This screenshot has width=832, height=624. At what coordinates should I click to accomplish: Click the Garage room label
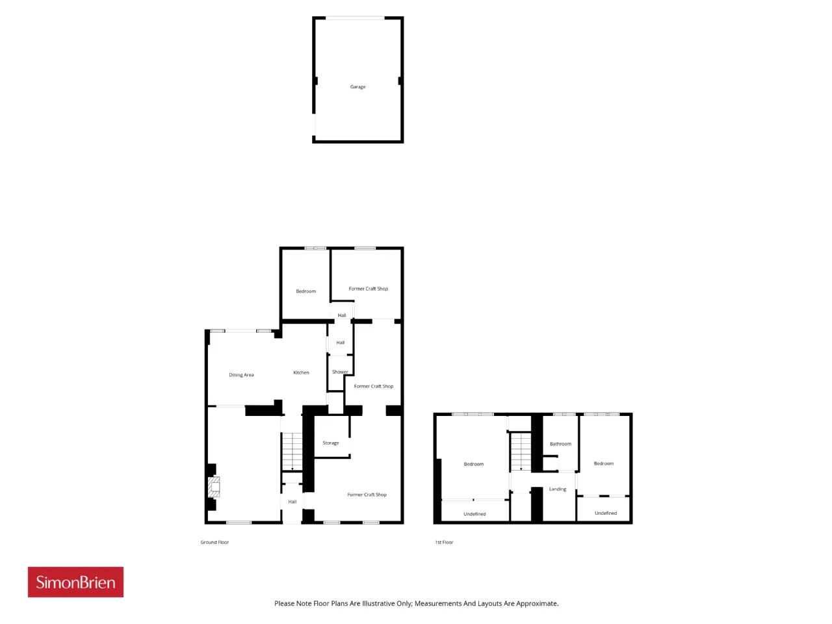pos(357,86)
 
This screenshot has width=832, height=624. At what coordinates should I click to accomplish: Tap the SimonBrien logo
pos(75,582)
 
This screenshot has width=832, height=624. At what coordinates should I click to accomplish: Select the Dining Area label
pos(241,375)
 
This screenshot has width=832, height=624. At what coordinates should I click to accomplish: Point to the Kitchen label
pos(301,372)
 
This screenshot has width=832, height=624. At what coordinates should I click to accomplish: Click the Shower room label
pos(339,372)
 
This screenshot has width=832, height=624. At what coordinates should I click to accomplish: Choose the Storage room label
pos(331,443)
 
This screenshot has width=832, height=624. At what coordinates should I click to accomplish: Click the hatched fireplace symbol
pos(214,487)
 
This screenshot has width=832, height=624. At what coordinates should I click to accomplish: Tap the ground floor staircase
pos(292,452)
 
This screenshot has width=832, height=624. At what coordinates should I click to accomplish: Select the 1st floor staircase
pos(521,452)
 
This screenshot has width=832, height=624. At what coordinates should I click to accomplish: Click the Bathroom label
pos(560,444)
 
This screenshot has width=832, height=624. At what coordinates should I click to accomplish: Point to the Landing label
pos(558,489)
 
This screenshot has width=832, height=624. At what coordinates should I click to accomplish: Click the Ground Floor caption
pos(214,542)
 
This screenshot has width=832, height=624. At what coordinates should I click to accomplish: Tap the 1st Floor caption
pos(444,542)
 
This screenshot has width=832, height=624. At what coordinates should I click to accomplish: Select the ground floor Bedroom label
pos(305,291)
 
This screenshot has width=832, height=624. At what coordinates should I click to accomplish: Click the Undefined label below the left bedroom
pos(474,513)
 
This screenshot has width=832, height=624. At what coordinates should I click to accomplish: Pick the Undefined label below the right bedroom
pos(605,513)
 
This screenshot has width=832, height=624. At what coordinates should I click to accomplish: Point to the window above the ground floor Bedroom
pos(315,248)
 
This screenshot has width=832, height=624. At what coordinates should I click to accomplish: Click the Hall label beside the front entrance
pos(292,502)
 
